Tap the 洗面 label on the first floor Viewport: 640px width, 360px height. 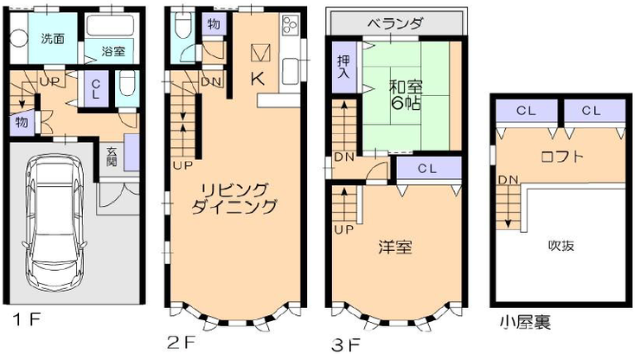(x=53, y=39)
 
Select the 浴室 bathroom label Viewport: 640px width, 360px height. (x=113, y=51)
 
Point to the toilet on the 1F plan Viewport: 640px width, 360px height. (x=128, y=82)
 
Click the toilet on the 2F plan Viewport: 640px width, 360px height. (x=182, y=24)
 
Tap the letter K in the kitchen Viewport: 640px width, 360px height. (x=258, y=79)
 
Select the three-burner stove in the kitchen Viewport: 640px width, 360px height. (x=291, y=24)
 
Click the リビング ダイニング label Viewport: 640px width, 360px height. (x=234, y=198)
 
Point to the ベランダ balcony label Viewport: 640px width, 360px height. (x=394, y=23)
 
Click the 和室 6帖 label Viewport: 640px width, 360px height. (x=406, y=95)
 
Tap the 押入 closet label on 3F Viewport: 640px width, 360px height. (x=343, y=67)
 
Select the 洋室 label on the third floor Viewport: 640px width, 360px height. (x=394, y=247)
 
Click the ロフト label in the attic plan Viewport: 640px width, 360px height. (x=561, y=157)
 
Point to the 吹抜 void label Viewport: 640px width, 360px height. (x=561, y=245)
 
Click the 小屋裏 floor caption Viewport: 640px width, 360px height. (x=525, y=323)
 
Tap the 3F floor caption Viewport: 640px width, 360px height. (x=345, y=345)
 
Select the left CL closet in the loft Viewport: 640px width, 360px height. (x=527, y=111)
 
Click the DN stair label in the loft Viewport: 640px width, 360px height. (x=508, y=179)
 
